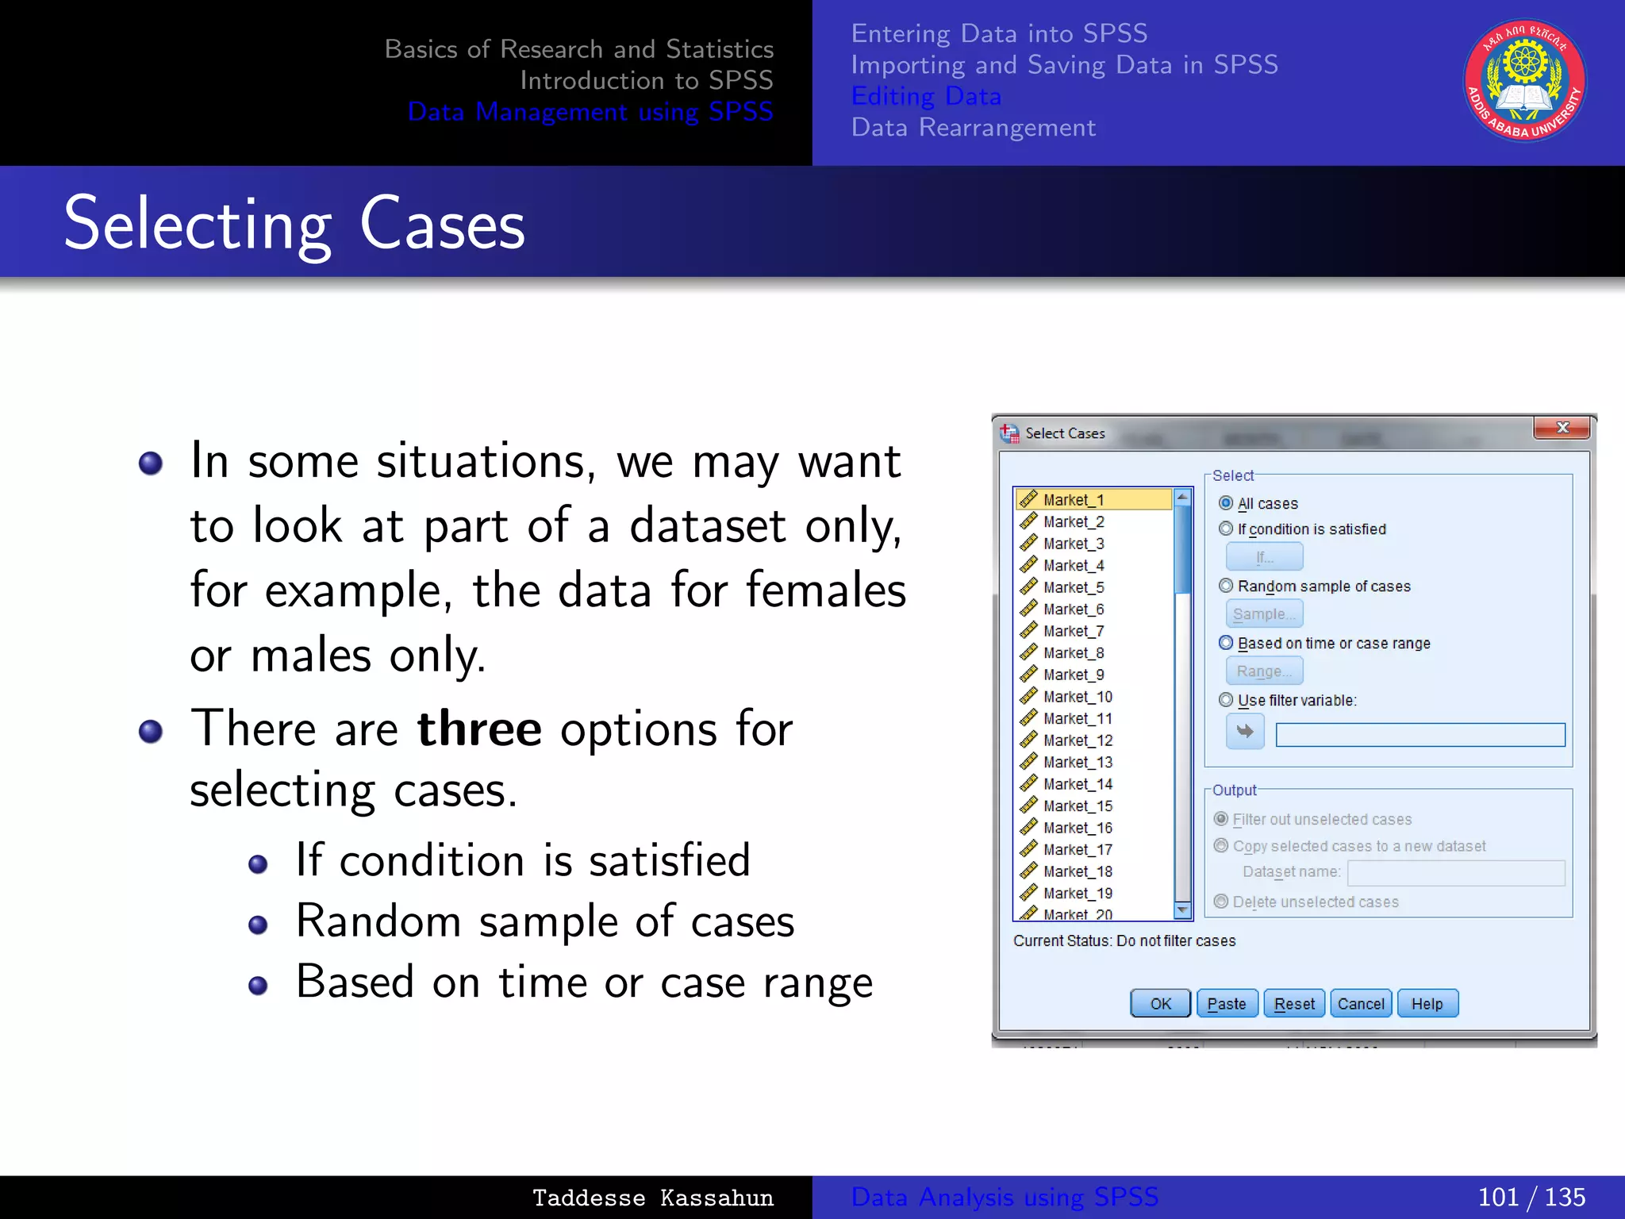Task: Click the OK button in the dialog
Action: point(1160,1004)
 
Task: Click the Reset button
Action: point(1294,1004)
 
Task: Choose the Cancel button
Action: point(1361,1004)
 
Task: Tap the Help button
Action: point(1427,1004)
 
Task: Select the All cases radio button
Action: point(1226,503)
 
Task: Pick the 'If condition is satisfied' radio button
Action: point(1226,529)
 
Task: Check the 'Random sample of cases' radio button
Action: point(1226,586)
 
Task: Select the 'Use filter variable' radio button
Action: point(1226,700)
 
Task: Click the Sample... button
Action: point(1264,614)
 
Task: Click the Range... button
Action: point(1264,671)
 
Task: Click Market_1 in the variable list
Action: point(1074,500)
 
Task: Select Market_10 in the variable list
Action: point(1078,697)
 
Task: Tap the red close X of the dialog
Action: point(1562,428)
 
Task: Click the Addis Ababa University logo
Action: point(1524,81)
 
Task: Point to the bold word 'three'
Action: point(479,729)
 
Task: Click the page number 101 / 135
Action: point(1531,1197)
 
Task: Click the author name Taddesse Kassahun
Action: point(652,1198)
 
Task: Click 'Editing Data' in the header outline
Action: point(926,96)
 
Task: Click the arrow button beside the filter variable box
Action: point(1245,732)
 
